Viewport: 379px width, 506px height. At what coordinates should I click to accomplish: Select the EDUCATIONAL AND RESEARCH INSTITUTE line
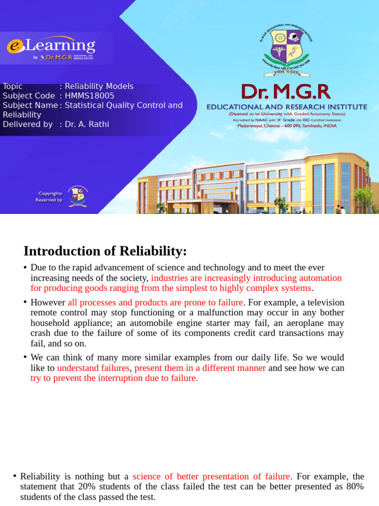point(287,107)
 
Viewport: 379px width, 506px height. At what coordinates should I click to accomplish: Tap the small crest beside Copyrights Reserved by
point(77,196)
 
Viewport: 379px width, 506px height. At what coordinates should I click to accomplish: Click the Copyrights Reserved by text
point(49,197)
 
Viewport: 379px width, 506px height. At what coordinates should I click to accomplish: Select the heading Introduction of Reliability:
point(105,252)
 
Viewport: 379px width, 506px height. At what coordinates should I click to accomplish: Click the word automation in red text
point(320,278)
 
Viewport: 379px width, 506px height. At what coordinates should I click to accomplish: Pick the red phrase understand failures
point(93,368)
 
